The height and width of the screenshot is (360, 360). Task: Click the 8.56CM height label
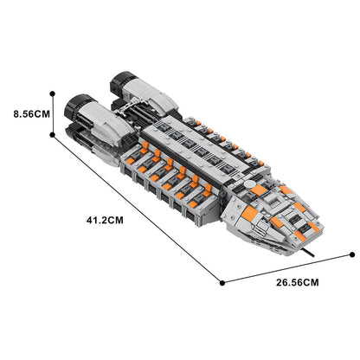(x=25, y=112)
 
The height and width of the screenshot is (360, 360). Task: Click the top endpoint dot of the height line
(x=55, y=91)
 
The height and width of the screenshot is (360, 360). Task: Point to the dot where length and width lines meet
(x=223, y=282)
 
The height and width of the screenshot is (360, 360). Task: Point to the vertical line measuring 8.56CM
(x=55, y=112)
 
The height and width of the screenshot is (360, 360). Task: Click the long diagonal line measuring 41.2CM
(x=138, y=208)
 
